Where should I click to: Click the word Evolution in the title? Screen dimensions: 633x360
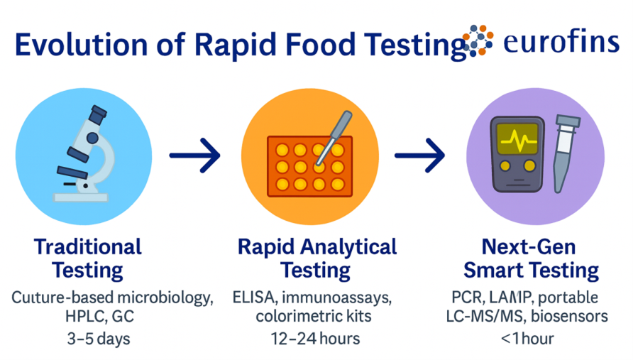81,44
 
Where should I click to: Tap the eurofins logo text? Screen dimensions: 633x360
561,42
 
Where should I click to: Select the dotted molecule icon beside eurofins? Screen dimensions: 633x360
478,40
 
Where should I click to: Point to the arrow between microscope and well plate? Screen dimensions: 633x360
194,156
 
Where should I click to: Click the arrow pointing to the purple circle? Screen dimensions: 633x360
420,156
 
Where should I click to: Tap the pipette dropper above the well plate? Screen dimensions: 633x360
334,138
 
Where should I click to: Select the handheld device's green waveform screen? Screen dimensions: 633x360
517,138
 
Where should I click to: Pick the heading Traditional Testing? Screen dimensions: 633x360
87,258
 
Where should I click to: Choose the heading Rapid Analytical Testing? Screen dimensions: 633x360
317,258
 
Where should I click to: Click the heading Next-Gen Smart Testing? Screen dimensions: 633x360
531,258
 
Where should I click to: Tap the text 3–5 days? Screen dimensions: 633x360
99,339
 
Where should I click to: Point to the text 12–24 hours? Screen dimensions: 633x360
315,339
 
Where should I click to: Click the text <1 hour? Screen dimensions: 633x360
527,339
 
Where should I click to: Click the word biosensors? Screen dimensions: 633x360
569,316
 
